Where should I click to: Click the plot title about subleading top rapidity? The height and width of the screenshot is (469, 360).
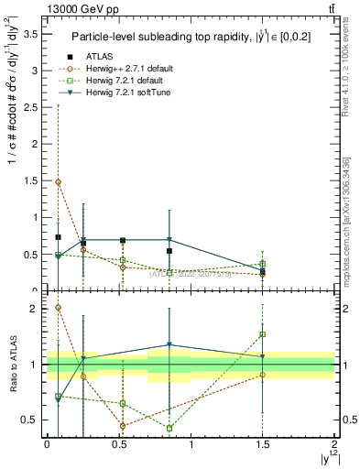191,37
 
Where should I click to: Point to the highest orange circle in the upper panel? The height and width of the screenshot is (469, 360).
59,181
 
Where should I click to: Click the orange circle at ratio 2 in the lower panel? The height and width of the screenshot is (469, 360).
59,308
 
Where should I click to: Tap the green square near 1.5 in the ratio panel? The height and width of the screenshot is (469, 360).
263,334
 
